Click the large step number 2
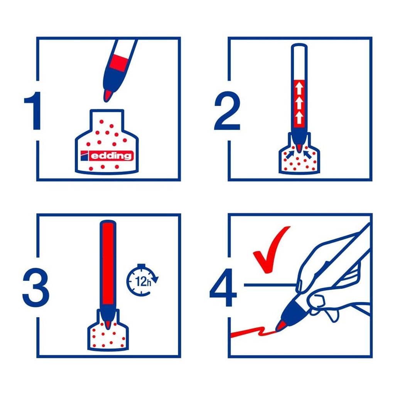pos(227,111)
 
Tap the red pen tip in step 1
pos(108,95)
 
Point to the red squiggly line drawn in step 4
pos(251,332)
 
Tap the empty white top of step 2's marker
pos(300,62)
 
